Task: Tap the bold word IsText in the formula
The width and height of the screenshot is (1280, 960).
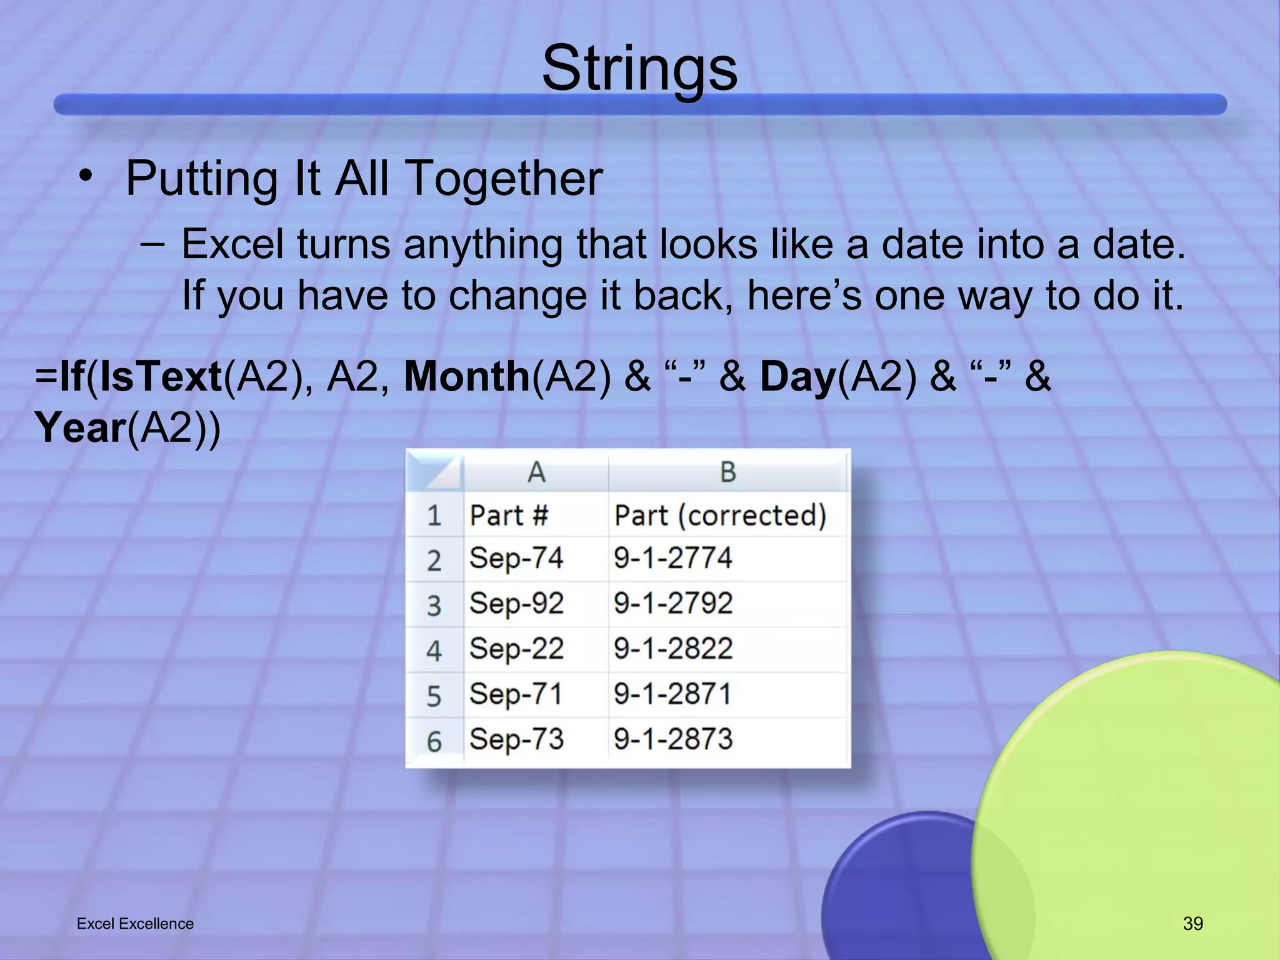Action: [161, 377]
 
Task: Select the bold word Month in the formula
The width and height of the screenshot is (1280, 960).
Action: [467, 377]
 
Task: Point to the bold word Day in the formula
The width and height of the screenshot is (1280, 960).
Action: [797, 377]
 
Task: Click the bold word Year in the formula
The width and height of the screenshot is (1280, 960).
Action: [81, 428]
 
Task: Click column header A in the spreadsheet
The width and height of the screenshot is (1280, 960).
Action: [536, 472]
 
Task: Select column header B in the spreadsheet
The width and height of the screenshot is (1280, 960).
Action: [727, 472]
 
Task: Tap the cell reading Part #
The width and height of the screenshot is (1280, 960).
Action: [509, 516]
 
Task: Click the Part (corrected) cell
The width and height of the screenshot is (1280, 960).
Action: [720, 516]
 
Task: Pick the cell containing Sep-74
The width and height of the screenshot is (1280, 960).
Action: [516, 558]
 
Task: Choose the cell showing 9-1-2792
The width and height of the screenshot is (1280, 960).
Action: [672, 604]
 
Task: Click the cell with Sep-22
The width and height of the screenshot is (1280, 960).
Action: [516, 649]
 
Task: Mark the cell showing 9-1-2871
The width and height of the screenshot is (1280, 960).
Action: [672, 694]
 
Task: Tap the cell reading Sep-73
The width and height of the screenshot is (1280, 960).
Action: [516, 739]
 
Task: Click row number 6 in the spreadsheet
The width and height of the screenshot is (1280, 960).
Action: [434, 742]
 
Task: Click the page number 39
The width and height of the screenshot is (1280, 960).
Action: [1192, 923]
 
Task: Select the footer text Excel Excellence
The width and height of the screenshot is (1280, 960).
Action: [135, 923]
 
